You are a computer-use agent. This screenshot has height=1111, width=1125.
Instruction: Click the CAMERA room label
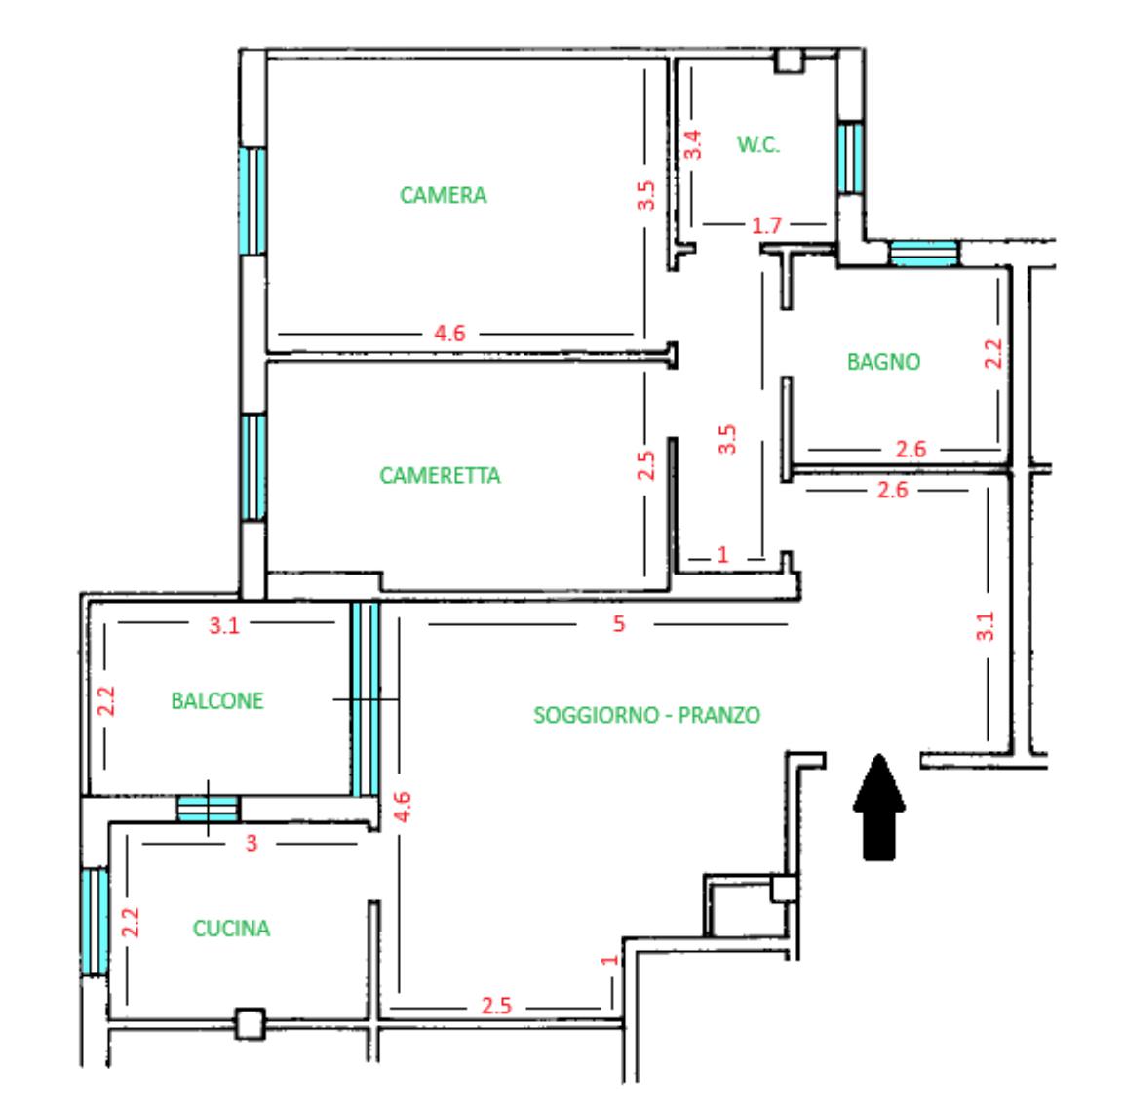point(443,195)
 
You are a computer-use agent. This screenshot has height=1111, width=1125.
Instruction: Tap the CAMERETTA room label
point(439,475)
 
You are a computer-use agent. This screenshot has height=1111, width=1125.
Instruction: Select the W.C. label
point(758,145)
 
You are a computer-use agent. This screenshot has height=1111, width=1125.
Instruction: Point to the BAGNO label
point(883,361)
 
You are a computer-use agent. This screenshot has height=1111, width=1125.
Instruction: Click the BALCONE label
point(216,700)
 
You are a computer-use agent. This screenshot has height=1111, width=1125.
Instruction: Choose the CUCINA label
point(231,928)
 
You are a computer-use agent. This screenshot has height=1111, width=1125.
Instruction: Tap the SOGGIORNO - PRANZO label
point(646,715)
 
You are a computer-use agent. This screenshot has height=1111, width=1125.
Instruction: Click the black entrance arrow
point(879,807)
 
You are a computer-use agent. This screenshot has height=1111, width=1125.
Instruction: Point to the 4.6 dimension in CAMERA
point(449,333)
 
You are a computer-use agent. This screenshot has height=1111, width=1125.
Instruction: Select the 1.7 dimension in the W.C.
point(765,225)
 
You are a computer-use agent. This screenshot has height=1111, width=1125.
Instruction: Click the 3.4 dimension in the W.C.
point(692,144)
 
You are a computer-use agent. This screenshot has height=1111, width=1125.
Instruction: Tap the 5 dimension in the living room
point(618,623)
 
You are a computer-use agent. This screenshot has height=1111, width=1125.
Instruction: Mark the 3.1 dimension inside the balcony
point(224,626)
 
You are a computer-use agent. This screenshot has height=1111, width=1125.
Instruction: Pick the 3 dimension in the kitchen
point(252,843)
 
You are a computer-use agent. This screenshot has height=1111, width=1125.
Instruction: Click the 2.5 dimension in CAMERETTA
point(645,465)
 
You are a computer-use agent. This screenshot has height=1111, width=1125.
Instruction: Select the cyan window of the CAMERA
point(252,201)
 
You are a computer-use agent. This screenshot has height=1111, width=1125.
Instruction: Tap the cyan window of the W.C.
point(850,158)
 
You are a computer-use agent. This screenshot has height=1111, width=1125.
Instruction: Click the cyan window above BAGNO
point(924,254)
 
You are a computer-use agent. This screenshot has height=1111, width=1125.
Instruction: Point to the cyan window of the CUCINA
point(95,922)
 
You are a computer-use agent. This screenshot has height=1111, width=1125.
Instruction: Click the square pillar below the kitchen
point(251,1024)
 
